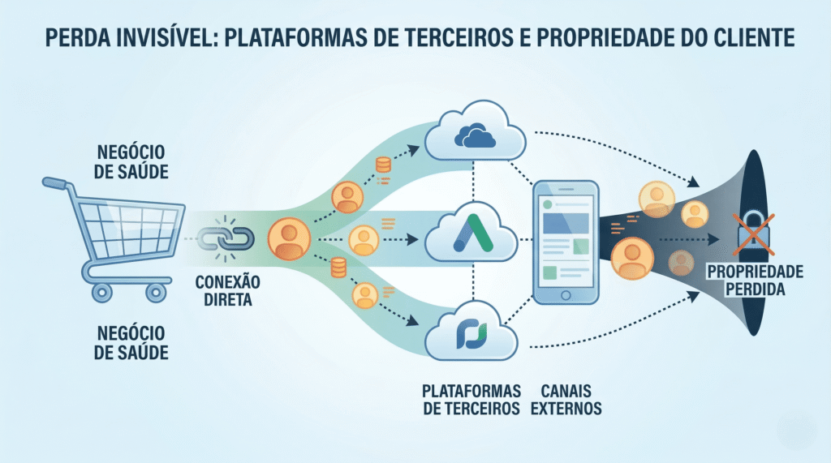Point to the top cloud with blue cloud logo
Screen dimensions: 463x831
pos(476,133)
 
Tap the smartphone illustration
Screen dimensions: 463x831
pos(566,242)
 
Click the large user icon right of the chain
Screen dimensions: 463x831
pos(288,238)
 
